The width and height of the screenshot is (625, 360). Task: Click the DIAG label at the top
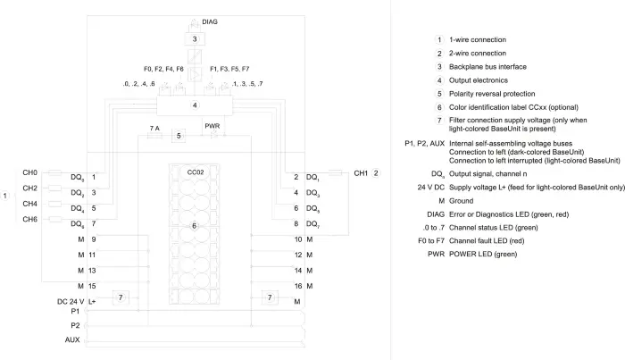[x=210, y=22]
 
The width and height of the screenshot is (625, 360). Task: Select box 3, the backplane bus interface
[x=195, y=39]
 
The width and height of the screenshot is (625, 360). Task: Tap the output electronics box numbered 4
[x=195, y=105]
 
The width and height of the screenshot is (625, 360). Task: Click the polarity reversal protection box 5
[x=179, y=136]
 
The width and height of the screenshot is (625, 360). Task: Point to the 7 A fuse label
[x=154, y=129]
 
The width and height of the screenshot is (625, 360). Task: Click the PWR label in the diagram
[x=212, y=126]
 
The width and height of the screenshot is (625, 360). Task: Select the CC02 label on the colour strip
[x=196, y=172]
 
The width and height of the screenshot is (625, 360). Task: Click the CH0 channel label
[x=29, y=172]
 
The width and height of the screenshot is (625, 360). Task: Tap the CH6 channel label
[x=29, y=219]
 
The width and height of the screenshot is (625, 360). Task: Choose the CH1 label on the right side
[x=361, y=173]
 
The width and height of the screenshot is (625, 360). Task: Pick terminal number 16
[x=298, y=286]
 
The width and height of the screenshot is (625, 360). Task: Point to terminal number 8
[x=296, y=223]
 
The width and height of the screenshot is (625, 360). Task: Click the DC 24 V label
[x=71, y=301]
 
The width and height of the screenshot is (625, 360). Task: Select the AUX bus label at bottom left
[x=72, y=339]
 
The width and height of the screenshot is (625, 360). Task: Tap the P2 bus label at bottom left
[x=75, y=325]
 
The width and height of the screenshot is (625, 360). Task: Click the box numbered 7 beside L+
[x=121, y=297]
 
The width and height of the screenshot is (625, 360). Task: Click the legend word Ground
[x=462, y=201]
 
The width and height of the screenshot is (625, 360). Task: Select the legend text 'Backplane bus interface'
[x=487, y=67]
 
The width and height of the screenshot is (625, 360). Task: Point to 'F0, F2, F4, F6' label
[x=163, y=69]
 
